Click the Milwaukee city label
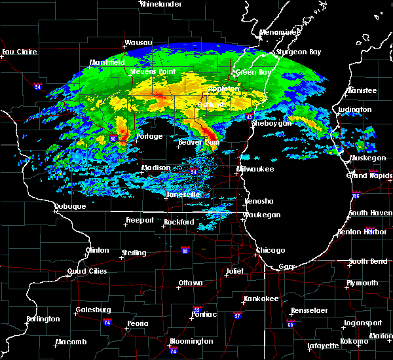255,169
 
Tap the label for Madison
157,168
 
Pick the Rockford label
179,222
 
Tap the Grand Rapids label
366,175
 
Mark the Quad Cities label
86,271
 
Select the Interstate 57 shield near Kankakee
238,315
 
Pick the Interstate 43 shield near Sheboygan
250,116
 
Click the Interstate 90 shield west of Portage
113,138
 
